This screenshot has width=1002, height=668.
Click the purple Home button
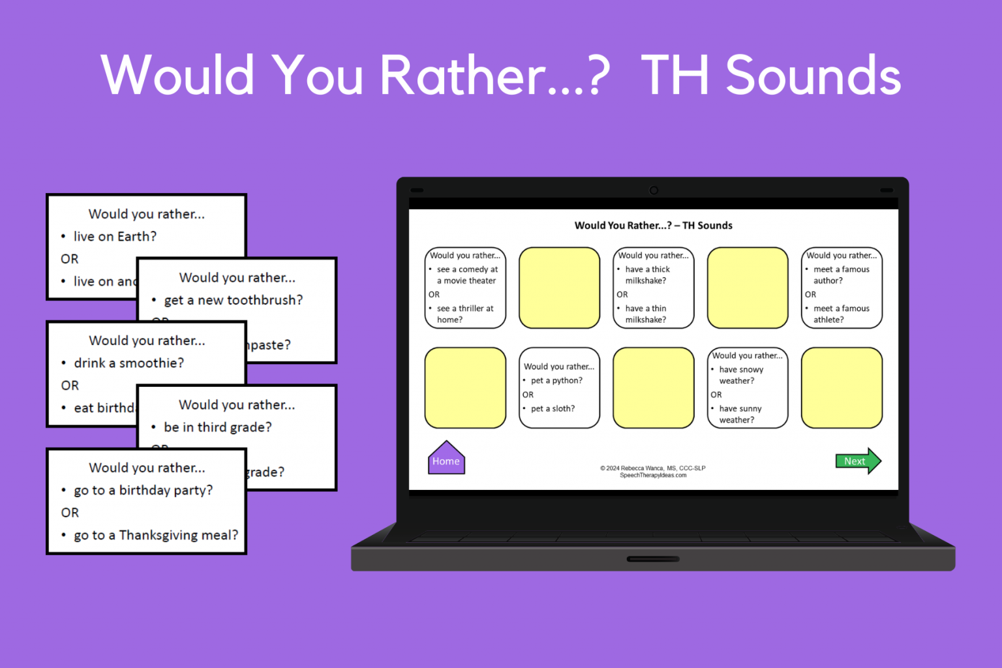(x=446, y=459)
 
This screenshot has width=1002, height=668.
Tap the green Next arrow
(x=857, y=461)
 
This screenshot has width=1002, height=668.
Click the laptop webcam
(x=654, y=190)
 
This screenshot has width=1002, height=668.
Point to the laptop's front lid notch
(x=653, y=559)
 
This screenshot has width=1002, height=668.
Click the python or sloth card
(x=559, y=387)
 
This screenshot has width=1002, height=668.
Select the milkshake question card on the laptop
(x=653, y=288)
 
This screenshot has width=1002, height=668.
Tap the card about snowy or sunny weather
(x=748, y=387)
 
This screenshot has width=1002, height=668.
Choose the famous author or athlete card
(x=842, y=288)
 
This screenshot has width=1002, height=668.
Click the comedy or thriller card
(x=465, y=288)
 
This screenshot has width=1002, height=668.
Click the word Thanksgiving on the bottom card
(x=159, y=536)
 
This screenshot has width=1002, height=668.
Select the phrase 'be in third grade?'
(x=218, y=427)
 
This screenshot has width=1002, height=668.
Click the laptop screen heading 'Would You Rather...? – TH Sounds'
(x=653, y=226)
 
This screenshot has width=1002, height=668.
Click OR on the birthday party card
(x=70, y=513)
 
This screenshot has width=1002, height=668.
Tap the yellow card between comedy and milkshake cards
(x=559, y=288)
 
